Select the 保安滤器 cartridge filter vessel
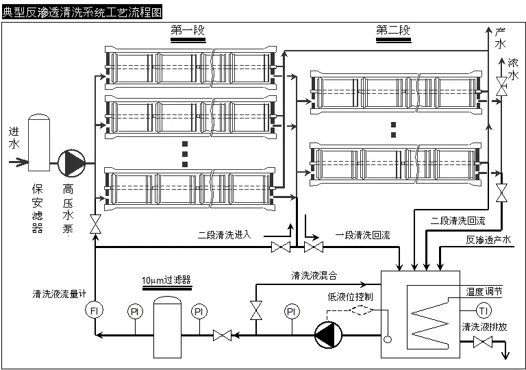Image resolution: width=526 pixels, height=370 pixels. tap(39, 142)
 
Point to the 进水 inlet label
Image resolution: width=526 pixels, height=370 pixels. tap(14, 137)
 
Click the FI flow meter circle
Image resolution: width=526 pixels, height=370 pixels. tap(95, 311)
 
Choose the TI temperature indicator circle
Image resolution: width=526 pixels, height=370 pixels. tap(484, 309)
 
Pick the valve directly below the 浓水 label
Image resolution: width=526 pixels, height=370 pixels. tap(502, 86)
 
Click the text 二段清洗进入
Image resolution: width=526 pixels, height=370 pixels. tap(225, 234)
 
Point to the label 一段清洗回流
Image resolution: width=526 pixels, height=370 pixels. tap(362, 235)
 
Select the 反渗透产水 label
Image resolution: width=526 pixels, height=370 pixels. tap(488, 240)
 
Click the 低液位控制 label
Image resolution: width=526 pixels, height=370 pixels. tap(350, 296)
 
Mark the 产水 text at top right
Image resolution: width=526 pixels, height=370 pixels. tap(500, 38)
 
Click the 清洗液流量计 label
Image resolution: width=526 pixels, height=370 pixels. tap(60, 294)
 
